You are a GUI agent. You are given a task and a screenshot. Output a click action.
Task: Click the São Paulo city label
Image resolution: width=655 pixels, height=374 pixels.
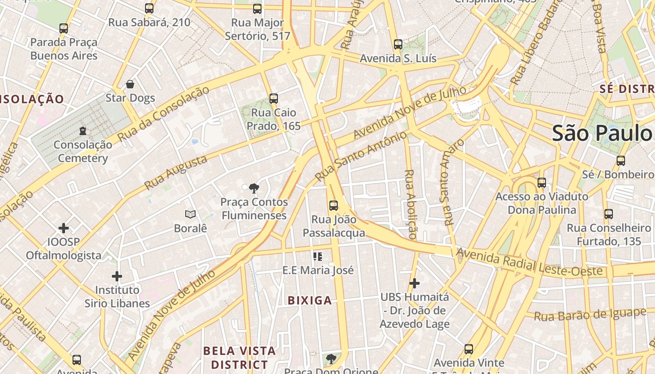[603, 133]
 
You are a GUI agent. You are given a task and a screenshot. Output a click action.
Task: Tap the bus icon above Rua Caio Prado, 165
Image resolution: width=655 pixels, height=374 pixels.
[274, 99]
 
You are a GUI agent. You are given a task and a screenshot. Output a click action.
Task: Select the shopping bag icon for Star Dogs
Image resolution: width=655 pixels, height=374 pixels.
[130, 84]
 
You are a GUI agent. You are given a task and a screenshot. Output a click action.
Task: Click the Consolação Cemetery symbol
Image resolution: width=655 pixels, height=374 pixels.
[83, 130]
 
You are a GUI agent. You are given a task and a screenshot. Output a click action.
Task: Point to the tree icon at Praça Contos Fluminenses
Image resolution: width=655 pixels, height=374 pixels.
[254, 188]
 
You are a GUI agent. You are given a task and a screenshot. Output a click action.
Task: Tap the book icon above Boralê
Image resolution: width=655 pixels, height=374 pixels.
[190, 215]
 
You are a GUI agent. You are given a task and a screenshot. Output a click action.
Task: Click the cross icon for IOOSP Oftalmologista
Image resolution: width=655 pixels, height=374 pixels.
[64, 228]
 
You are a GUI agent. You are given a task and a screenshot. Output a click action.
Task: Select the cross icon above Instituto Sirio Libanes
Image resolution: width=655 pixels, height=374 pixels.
[117, 276]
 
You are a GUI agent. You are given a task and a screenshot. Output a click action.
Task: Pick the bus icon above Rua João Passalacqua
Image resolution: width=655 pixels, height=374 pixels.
[334, 205]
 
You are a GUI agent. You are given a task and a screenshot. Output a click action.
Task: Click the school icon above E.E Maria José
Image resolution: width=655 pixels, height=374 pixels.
[318, 256]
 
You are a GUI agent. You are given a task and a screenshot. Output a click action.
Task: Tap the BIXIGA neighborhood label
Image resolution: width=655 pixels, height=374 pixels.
[310, 301]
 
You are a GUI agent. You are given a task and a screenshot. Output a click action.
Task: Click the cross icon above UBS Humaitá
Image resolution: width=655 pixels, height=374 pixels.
[414, 283]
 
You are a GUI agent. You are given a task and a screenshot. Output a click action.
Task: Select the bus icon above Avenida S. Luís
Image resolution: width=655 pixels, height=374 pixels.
[398, 44]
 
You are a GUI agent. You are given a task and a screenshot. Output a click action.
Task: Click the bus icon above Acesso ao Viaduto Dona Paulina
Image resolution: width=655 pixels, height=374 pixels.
[542, 183]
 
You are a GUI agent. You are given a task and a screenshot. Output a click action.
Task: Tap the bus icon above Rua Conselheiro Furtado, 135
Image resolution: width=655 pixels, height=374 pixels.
[609, 214]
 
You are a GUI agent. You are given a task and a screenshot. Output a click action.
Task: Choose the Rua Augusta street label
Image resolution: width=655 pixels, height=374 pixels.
[176, 173]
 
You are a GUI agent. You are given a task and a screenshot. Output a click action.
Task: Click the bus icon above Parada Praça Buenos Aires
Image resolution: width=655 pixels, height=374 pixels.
[64, 29]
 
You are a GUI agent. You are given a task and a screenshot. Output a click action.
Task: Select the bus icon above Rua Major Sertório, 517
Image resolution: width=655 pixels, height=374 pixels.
[257, 8]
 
